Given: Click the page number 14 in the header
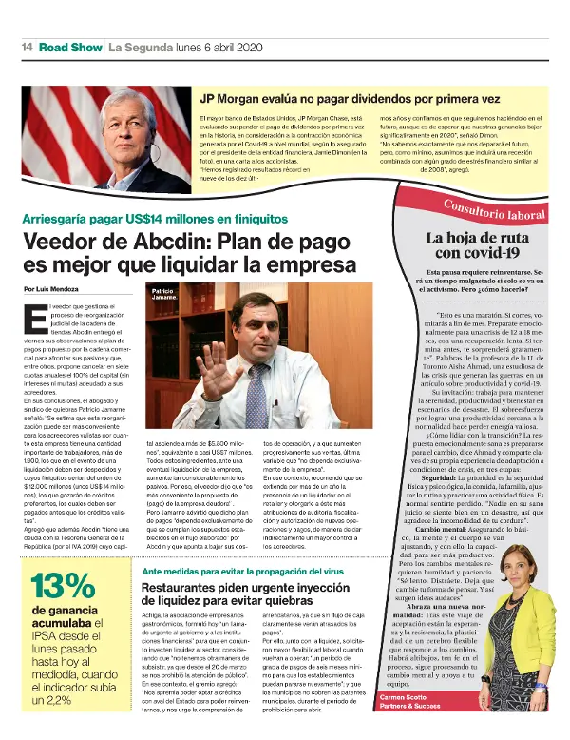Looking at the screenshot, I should click(28, 46).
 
